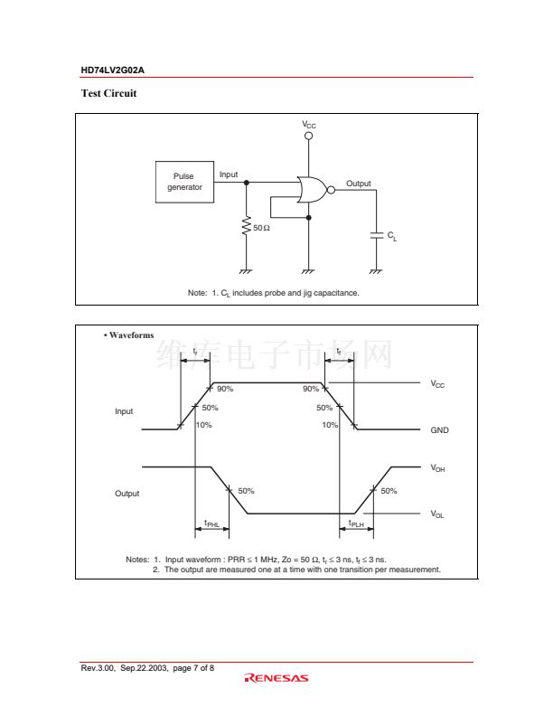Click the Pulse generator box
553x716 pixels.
click(184, 182)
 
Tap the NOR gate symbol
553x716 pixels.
click(314, 189)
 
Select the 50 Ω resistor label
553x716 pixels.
click(261, 228)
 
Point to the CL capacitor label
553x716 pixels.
click(392, 236)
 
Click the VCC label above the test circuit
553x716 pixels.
click(309, 124)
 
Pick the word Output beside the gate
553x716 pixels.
click(358, 184)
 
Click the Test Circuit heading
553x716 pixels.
click(108, 93)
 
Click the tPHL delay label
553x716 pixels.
click(211, 523)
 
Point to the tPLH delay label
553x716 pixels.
click(355, 523)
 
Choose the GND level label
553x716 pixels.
click(439, 430)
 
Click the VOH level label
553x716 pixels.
click(437, 468)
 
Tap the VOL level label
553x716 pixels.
click(437, 513)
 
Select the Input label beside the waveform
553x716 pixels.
click(124, 411)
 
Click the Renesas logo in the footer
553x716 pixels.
click(276, 678)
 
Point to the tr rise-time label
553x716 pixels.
click(196, 351)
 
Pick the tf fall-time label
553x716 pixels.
click(339, 351)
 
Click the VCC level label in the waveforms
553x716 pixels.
click(437, 384)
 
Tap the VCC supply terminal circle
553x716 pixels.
click(309, 136)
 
